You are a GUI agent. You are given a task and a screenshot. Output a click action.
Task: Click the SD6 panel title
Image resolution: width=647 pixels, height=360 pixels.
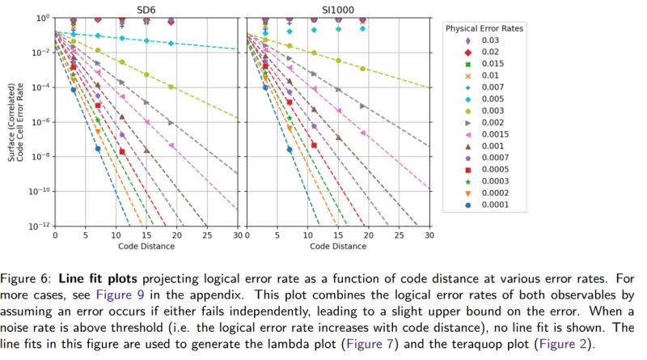[146, 10]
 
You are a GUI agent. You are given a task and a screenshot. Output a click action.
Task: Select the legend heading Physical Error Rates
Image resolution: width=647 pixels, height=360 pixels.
[484, 28]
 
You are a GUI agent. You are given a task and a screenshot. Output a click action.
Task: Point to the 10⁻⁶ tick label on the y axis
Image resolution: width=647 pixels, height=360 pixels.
[40, 121]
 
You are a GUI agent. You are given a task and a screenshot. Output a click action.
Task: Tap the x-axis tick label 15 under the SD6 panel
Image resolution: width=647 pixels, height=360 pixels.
[146, 235]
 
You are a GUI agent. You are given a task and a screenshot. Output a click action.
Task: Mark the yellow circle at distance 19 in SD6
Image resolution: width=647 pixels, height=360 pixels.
[171, 87]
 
